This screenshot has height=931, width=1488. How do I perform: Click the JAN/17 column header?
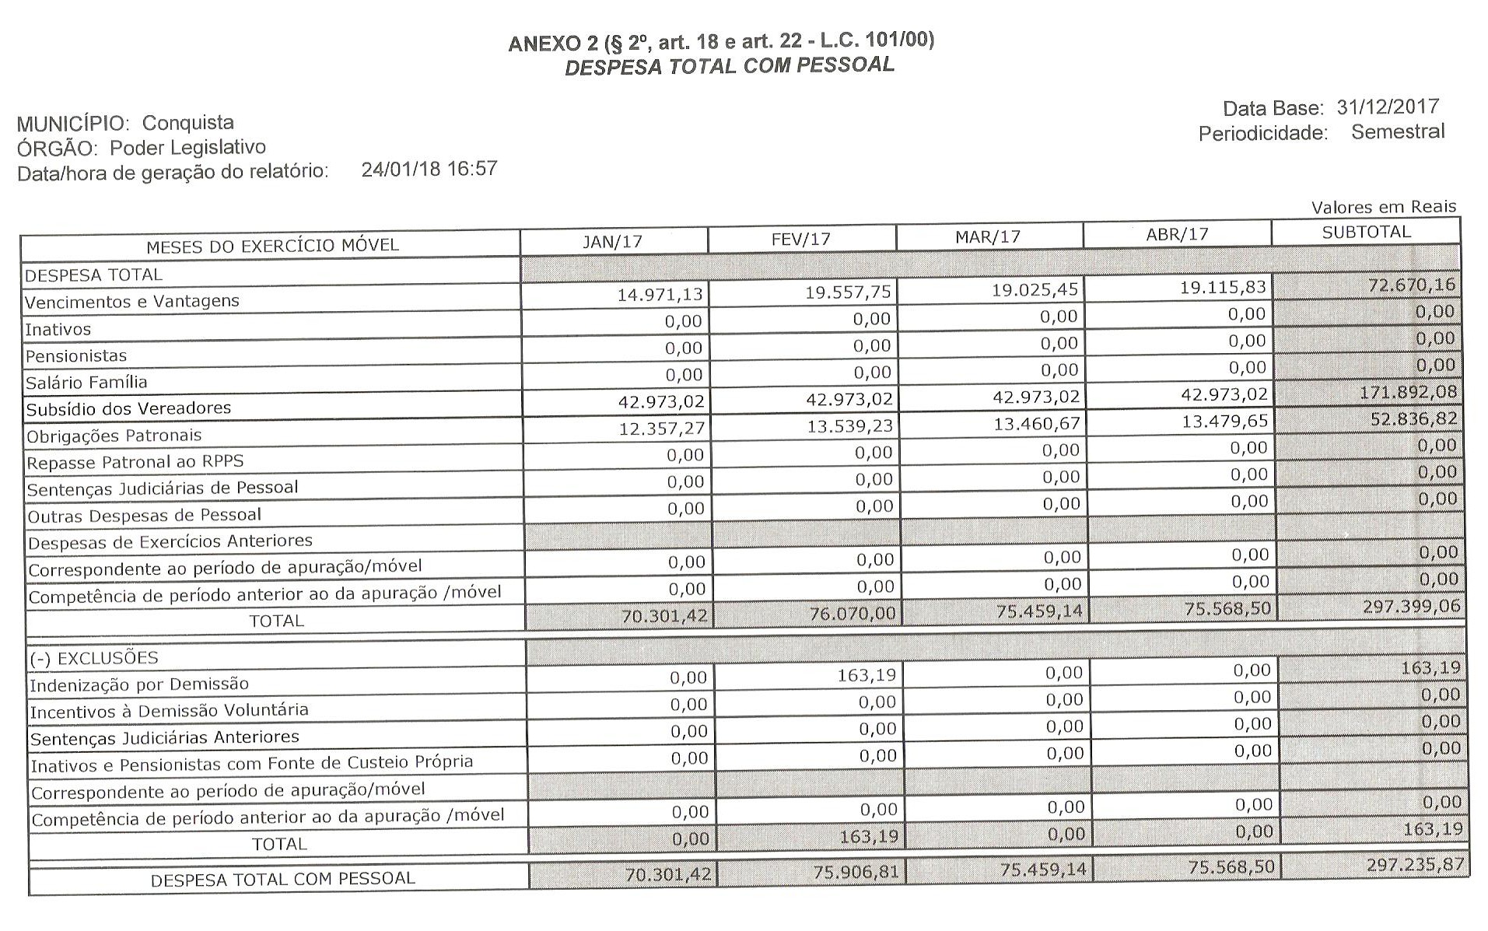613,241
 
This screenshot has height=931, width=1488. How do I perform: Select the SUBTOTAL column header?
1366,232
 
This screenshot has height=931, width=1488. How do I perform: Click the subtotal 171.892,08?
1408,392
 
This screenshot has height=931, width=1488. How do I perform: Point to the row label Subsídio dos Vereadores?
128,408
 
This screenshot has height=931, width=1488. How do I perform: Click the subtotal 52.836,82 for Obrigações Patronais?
1413,418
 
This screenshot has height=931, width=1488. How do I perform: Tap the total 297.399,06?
1411,606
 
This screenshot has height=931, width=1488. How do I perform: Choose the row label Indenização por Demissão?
139,684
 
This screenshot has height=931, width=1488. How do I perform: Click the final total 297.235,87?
1415,864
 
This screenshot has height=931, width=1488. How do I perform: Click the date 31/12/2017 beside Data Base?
1388,107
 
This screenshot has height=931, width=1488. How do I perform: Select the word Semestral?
1397,131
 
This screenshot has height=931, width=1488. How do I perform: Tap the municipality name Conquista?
187,123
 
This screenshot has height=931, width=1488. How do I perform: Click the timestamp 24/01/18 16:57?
429,169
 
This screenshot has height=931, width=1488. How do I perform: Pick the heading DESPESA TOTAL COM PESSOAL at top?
729,66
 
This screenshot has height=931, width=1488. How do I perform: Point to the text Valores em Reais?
1383,207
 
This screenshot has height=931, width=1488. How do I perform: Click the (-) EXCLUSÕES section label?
93,658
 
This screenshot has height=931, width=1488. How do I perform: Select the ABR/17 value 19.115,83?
1224,287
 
